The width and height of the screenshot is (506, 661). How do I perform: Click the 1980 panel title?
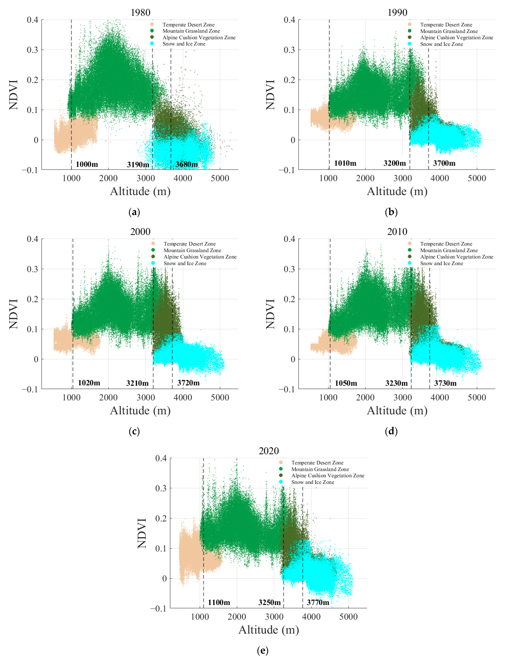140,13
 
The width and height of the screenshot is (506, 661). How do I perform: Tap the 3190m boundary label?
138,165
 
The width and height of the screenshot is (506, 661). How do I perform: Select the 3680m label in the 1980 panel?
186,164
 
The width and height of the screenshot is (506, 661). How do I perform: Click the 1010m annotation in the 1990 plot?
345,163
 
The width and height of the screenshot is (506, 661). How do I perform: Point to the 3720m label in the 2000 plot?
188,383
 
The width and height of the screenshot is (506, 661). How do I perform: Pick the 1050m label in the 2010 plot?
346,383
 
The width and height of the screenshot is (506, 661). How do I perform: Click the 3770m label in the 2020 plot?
318,602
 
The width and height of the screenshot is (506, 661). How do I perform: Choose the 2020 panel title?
269,451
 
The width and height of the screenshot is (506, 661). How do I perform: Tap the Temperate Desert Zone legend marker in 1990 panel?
410,24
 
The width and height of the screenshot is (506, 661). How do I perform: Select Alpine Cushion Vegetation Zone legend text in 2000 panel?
200,257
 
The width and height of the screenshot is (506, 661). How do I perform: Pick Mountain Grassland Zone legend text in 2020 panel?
320,469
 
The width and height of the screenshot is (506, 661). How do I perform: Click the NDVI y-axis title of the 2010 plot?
270,314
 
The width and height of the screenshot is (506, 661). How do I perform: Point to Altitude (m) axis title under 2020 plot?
269,630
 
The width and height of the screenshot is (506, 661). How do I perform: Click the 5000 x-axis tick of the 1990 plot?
477,178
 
